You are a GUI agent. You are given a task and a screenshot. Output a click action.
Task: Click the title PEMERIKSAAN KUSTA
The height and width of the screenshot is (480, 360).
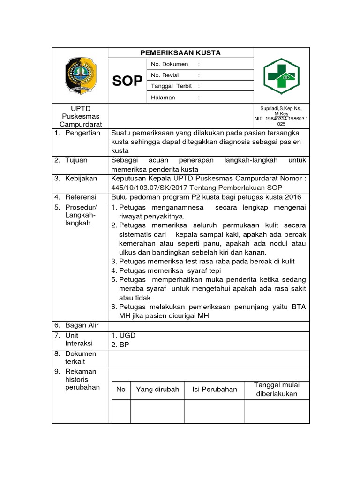(180, 53)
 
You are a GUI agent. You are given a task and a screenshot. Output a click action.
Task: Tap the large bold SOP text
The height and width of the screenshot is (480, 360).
(127, 81)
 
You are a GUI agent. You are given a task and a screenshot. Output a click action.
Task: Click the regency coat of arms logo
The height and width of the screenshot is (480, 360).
(80, 75)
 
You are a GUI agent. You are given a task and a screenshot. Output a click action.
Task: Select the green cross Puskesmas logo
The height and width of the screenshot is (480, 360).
(281, 75)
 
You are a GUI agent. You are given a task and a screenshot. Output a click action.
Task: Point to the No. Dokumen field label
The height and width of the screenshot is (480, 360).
(169, 64)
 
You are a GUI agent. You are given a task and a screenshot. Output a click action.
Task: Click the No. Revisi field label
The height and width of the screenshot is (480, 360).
(165, 75)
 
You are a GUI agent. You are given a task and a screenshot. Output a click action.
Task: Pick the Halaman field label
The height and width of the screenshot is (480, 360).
(163, 97)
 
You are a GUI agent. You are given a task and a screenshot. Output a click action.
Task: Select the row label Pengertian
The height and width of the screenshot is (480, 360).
(83, 133)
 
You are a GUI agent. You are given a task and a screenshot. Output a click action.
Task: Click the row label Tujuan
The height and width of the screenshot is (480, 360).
(76, 160)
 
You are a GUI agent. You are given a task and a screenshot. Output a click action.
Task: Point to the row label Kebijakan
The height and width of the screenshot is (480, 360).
(81, 179)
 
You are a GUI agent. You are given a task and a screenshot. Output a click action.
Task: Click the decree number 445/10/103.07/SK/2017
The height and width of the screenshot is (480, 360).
(148, 187)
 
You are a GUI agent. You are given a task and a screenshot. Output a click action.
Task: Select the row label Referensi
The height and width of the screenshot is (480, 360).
(81, 197)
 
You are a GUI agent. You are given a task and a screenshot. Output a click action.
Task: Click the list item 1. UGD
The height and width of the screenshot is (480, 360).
(123, 336)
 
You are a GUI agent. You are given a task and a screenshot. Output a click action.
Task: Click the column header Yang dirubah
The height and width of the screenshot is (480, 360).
(157, 390)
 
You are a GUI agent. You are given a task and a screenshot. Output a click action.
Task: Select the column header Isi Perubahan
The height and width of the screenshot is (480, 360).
(215, 390)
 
